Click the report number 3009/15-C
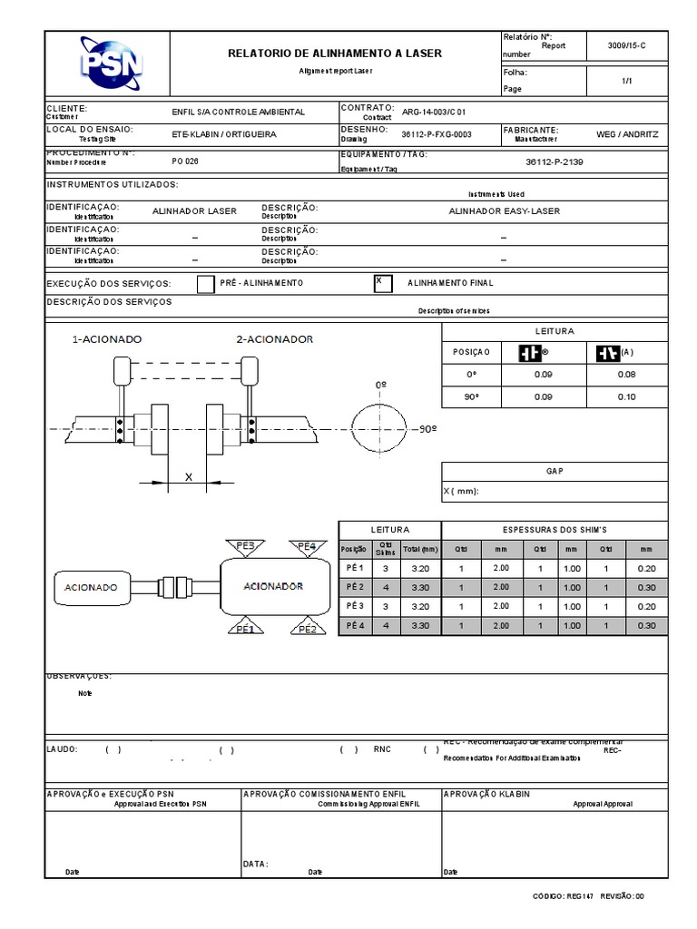626,44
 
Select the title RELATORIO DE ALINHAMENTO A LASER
335,54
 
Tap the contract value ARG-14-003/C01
440,112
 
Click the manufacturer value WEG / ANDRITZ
627,133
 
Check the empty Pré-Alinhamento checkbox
206,284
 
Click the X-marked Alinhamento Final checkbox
383,283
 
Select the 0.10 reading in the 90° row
626,396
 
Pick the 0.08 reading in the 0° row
626,374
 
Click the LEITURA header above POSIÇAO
555,331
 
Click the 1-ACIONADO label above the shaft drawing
107,339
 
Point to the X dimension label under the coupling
189,475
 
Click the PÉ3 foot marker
246,546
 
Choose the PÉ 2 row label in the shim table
354,586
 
